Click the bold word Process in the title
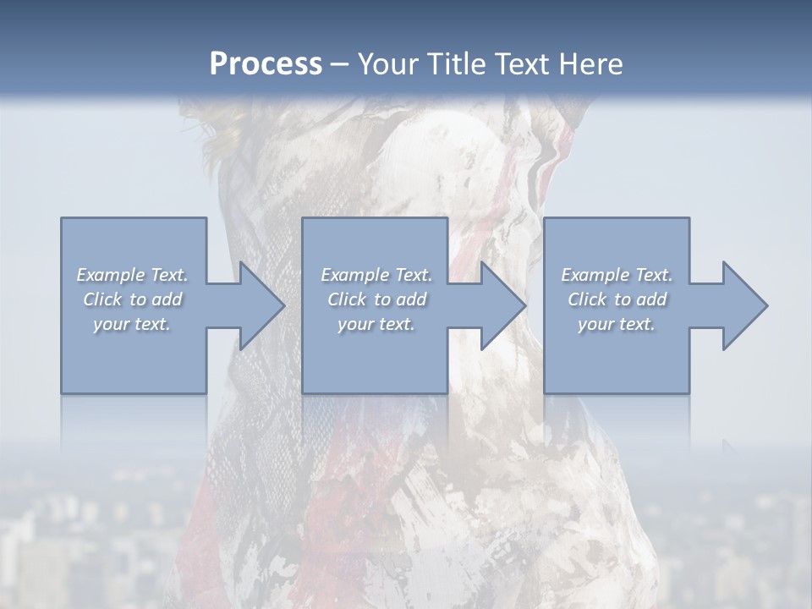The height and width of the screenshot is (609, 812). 266,64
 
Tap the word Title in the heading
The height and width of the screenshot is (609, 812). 455,64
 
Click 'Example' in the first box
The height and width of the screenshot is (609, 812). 110,275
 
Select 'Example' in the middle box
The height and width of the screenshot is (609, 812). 354,275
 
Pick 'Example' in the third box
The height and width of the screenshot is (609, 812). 595,275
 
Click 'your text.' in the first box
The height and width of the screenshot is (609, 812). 133,324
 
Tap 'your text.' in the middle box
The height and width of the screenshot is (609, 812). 376,324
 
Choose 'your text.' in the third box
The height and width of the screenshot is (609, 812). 617,324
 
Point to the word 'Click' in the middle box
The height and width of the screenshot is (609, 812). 347,299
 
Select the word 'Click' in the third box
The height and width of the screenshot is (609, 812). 587,299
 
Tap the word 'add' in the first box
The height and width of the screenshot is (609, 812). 167,299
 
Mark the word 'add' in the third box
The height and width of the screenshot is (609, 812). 652,299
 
